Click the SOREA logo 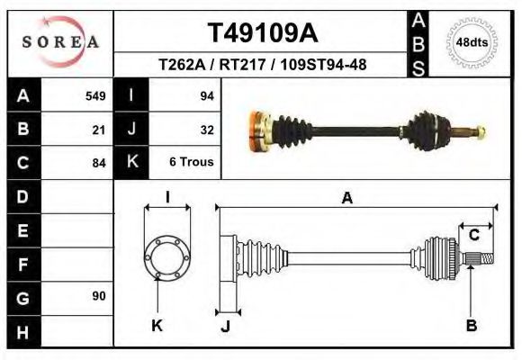[60, 41]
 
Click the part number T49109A [262, 33]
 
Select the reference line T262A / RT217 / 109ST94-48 [262, 65]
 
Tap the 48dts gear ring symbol [473, 42]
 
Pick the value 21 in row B [99, 130]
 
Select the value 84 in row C [99, 163]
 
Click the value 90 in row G [99, 296]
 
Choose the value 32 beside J [206, 130]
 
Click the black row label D [22, 196]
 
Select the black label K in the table [131, 163]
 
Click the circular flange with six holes [167, 256]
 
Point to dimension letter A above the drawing [347, 200]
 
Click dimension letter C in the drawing [474, 236]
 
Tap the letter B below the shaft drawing [471, 326]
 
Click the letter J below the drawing [226, 327]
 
